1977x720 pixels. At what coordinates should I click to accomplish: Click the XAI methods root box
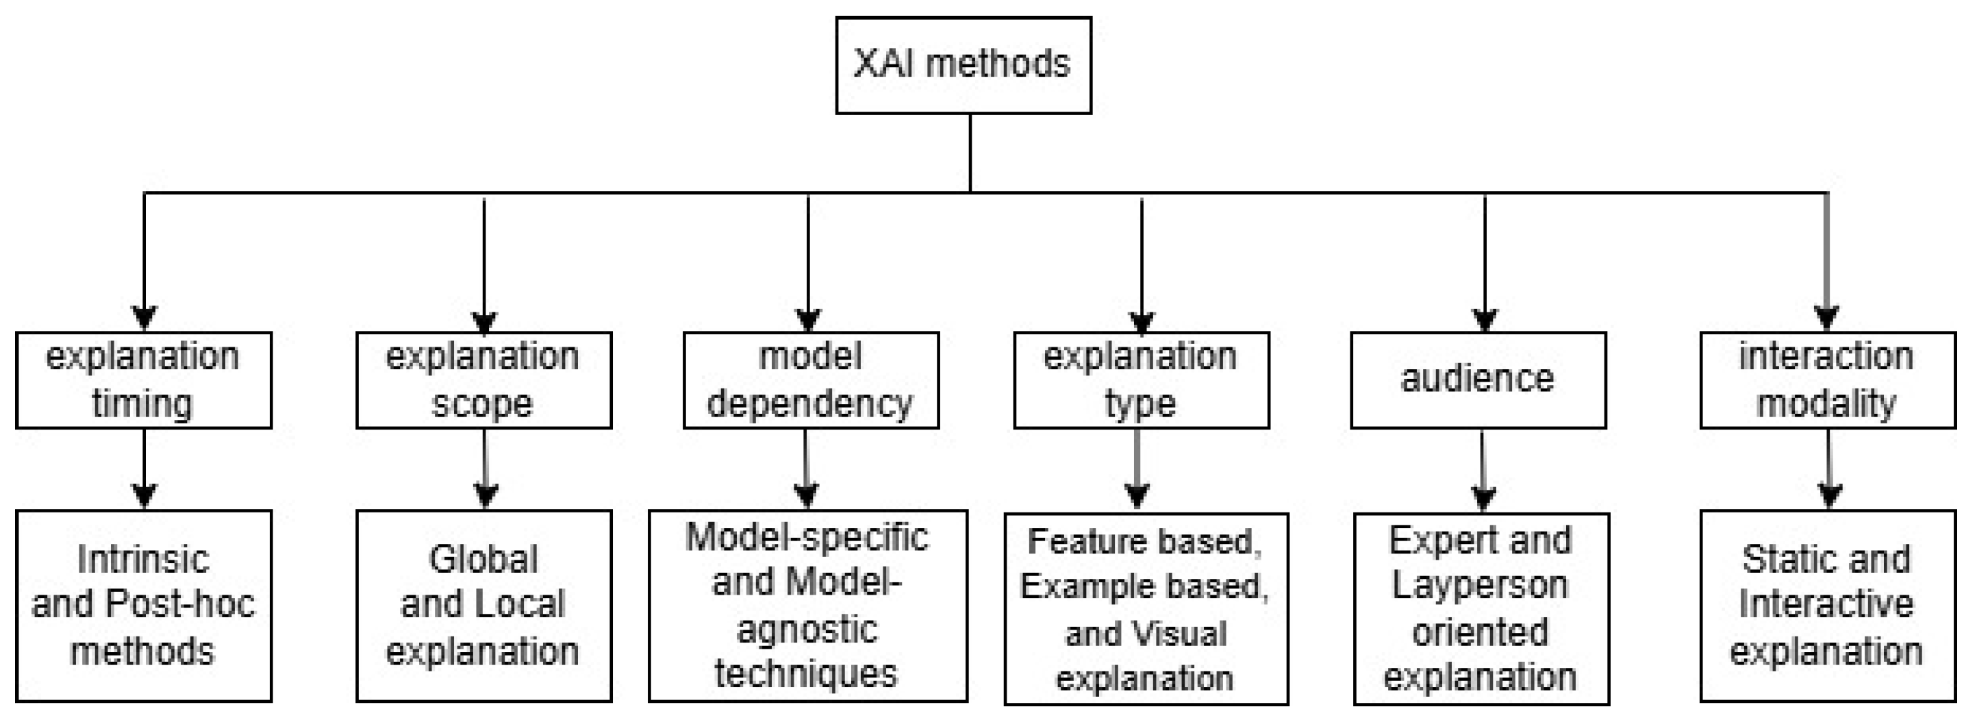coord(964,66)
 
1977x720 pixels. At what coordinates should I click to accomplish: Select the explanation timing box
coord(144,380)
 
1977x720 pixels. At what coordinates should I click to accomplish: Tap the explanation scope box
coord(483,380)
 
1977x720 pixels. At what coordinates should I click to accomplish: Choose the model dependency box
coord(810,380)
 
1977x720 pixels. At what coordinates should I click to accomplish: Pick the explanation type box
coord(1142,380)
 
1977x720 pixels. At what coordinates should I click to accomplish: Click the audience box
coord(1478,380)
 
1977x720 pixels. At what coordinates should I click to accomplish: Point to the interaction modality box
coord(1827,380)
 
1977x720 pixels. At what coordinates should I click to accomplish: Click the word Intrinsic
coord(144,559)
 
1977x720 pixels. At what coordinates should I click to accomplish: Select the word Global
coord(483,559)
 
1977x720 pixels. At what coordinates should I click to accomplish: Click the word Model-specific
coord(807,537)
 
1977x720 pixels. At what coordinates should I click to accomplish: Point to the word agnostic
coord(807,630)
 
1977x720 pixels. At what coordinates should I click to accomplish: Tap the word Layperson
coord(1480,586)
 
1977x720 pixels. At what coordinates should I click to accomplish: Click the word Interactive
coord(1826,604)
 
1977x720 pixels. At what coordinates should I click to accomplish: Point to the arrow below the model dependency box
coord(806,468)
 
